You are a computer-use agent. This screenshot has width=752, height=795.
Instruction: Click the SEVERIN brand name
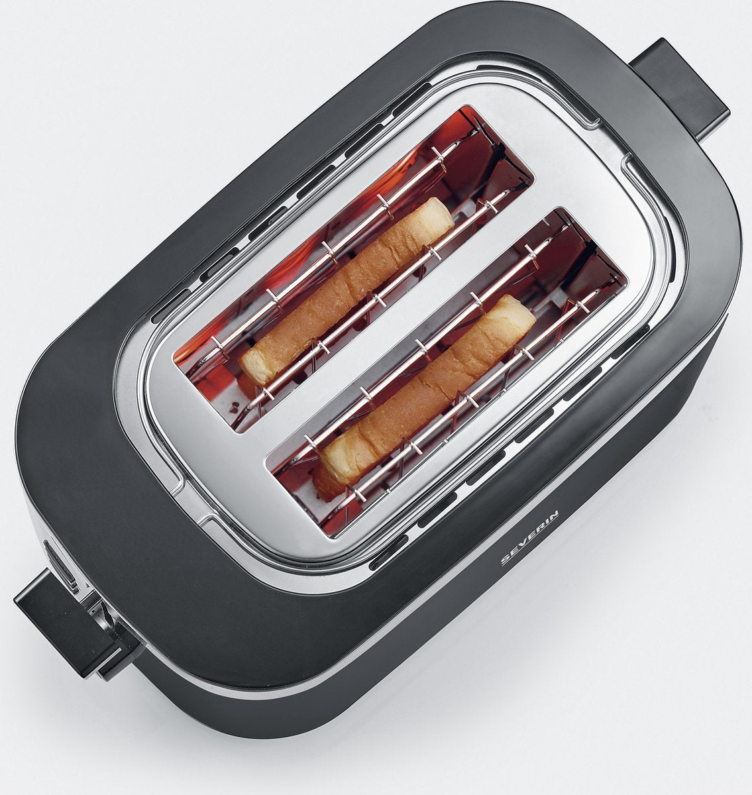pyautogui.click(x=530, y=538)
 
